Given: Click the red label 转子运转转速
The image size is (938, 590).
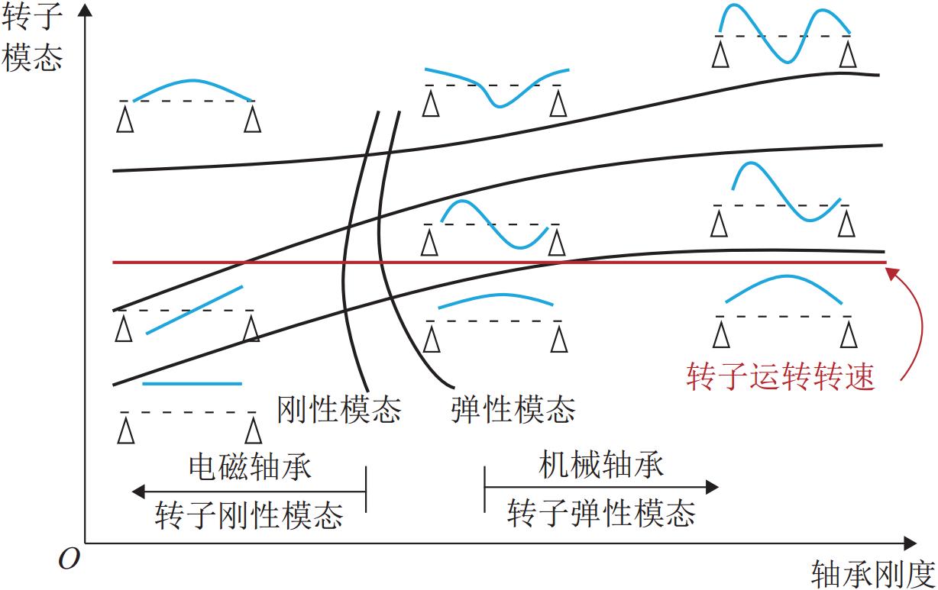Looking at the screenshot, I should tap(780, 376).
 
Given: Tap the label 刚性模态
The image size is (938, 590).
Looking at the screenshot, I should tap(338, 410).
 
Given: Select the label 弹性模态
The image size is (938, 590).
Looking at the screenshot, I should tap(513, 410).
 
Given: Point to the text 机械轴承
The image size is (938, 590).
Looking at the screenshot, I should tap(601, 464).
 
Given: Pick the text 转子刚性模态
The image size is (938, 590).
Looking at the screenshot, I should tap(249, 516).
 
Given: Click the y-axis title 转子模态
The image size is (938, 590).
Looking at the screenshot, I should tap(32, 38).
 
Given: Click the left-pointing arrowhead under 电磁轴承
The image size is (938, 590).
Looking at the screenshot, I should tap(138, 491).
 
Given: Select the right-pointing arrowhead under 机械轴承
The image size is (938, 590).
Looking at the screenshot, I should tap(712, 486).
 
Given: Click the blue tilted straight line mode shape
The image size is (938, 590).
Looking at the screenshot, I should tap(194, 309).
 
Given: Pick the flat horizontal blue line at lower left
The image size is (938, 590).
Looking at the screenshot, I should tap(192, 383).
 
